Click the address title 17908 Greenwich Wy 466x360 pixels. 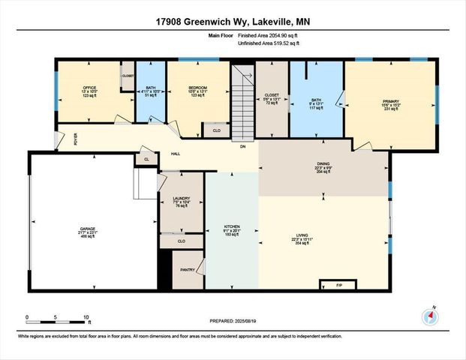coord(233,22)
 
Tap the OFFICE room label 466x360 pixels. coord(90,88)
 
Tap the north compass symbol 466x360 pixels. coord(430,316)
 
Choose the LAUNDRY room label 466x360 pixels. coord(181,199)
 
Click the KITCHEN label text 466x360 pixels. coord(232,226)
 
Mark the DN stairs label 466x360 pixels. coord(242,146)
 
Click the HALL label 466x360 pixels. coord(175,154)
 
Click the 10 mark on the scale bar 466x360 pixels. coord(87,316)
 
